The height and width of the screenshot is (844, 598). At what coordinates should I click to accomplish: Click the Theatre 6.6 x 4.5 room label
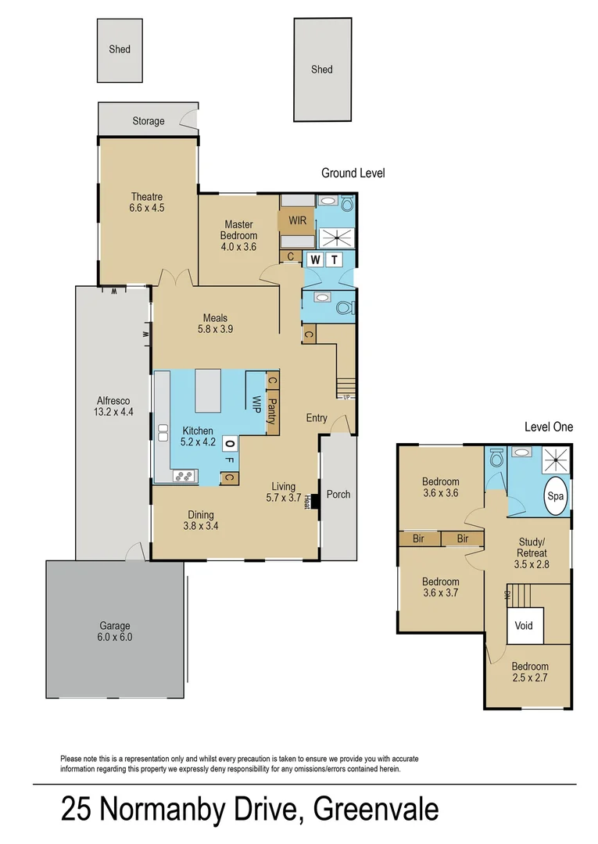147,202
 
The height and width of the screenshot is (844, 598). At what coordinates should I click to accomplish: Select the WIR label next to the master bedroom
297,220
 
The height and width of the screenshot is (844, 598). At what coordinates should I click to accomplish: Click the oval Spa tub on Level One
556,496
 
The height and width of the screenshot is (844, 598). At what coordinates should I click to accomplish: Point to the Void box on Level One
524,626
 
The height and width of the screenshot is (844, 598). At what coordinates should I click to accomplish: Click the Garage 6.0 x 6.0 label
115,631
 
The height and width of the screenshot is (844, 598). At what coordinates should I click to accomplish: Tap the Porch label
338,494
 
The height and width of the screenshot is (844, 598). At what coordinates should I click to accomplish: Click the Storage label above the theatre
148,121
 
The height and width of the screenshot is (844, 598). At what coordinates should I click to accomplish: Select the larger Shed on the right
321,70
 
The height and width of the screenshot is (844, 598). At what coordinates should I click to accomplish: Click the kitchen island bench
209,391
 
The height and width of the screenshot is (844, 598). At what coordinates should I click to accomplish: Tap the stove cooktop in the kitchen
184,474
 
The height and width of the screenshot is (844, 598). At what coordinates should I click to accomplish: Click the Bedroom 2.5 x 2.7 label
530,672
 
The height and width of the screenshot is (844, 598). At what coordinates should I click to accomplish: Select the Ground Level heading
353,173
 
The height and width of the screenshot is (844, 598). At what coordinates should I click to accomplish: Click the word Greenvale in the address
376,810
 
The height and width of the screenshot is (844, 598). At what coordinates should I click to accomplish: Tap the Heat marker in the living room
307,502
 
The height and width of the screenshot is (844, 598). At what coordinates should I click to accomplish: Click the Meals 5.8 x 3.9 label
215,324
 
